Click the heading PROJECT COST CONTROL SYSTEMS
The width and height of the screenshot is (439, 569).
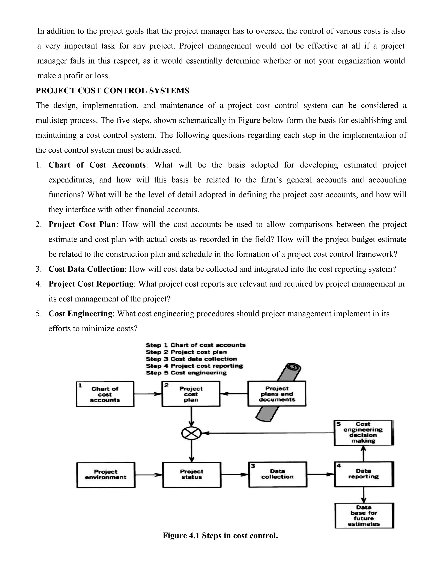point(112,91)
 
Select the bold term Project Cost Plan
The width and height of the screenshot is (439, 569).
point(82,224)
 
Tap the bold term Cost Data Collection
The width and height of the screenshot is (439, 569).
point(86,269)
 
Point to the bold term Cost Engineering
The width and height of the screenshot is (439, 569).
point(80,313)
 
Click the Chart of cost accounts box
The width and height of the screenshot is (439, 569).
point(105,394)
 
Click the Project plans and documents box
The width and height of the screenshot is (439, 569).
point(277,393)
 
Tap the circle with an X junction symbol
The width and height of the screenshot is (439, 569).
point(191,433)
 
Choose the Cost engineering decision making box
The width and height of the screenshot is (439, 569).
point(363,432)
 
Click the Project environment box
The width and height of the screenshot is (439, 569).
point(106,475)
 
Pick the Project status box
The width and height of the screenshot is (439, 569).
point(192,475)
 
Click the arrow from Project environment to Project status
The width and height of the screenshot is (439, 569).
point(149,475)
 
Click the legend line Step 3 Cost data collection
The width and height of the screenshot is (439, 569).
point(191,359)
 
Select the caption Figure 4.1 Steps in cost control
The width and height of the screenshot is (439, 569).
point(220,536)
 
